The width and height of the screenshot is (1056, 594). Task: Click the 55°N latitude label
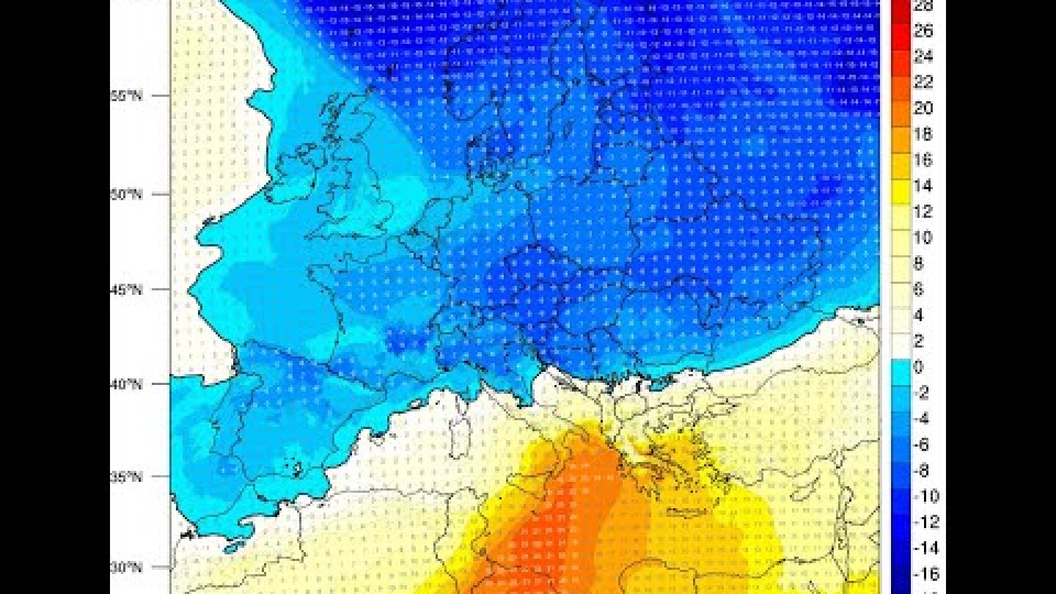coord(128,96)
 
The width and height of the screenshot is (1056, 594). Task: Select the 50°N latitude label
coord(128,194)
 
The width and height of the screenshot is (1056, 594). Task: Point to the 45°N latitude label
coord(128,289)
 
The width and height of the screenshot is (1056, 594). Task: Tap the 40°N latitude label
coord(128,384)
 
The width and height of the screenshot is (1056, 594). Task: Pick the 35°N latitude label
coord(128,477)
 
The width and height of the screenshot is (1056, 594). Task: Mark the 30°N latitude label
coord(128,567)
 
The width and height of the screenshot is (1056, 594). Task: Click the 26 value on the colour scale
coord(923,32)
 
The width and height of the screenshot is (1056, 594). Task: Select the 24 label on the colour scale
coord(923,57)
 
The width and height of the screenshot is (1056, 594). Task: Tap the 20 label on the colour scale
coord(923,109)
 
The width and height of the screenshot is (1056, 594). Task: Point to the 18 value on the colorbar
coord(923,134)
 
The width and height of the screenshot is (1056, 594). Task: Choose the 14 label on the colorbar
coord(923,186)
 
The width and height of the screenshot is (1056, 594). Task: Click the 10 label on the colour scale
coord(923,238)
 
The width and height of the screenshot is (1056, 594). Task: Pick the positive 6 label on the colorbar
coord(918,290)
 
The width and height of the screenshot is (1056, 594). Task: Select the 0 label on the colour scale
coord(918,367)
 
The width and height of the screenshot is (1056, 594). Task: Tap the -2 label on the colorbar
coord(921,393)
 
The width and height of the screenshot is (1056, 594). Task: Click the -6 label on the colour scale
coord(921,444)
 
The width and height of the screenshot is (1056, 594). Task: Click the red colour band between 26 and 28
coord(900,19)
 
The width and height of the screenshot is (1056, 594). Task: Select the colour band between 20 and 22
coord(900,96)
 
